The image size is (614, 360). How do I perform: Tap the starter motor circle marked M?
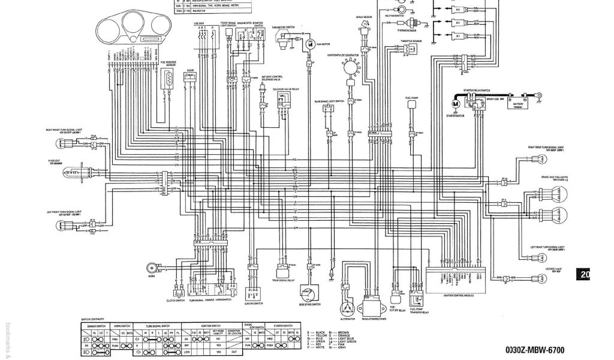click(456, 104)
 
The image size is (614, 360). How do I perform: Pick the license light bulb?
click(535, 278)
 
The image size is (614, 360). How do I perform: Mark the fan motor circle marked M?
click(310, 44)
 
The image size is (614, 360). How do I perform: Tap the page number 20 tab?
click(585, 275)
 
